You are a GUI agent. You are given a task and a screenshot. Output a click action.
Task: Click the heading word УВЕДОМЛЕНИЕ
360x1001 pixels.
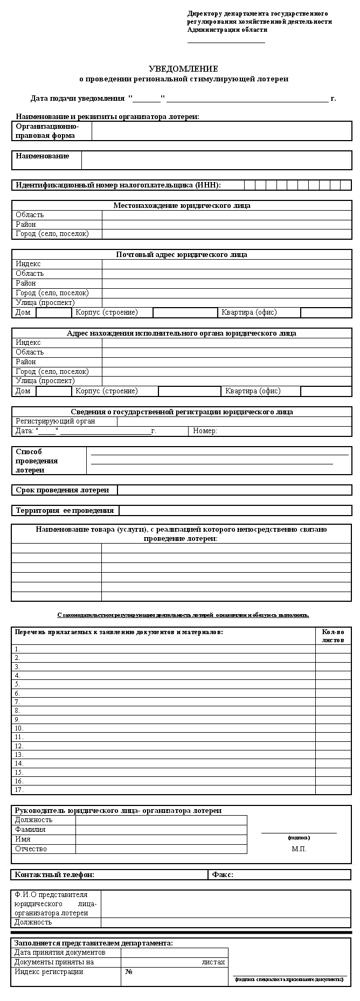tap(183, 69)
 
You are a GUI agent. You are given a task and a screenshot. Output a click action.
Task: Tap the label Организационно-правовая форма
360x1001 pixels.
tap(47, 131)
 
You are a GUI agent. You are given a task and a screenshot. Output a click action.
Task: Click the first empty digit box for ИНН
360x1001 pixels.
tap(250, 185)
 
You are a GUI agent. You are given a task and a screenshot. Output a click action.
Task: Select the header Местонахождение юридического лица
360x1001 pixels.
tap(182, 205)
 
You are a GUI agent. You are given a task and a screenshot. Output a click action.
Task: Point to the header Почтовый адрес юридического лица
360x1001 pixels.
tap(182, 254)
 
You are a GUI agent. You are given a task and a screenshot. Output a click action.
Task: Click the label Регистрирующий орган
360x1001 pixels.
tap(55, 421)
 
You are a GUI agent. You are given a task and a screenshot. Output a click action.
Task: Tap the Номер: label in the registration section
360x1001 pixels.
tap(205, 431)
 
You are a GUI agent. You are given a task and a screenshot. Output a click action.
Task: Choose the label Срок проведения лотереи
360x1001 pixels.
tap(62, 490)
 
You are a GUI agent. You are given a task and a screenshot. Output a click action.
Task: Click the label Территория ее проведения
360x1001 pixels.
tap(65, 510)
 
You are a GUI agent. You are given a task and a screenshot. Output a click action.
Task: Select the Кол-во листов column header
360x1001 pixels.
tap(333, 636)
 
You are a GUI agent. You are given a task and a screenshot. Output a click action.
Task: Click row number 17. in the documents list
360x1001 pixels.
tap(19, 790)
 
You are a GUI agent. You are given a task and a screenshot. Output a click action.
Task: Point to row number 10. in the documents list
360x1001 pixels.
tap(19, 728)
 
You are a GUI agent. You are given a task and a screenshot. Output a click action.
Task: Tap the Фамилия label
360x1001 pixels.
tap(30, 830)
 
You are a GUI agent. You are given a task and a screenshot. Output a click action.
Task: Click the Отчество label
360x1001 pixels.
tap(31, 849)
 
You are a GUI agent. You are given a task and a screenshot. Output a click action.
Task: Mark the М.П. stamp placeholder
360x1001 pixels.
tap(299, 849)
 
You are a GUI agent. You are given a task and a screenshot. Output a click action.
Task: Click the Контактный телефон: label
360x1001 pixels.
tap(54, 874)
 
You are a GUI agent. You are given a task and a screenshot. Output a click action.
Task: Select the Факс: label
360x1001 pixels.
tap(223, 874)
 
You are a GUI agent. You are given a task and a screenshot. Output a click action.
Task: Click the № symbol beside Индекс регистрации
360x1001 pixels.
tap(129, 972)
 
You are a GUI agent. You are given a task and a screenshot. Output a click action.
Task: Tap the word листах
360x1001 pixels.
tap(213, 962)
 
